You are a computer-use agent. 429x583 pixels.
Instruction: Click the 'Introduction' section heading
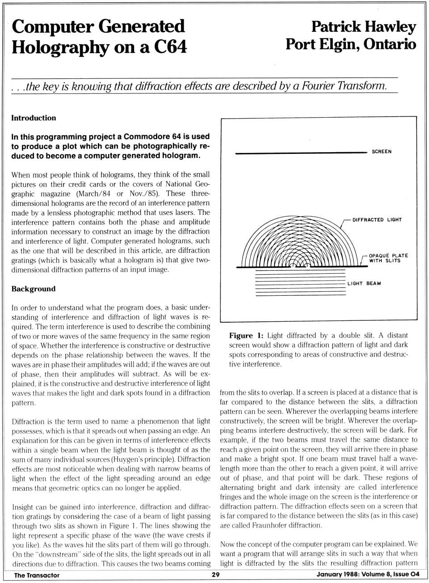(34, 118)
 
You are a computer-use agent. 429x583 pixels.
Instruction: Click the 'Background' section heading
(34, 289)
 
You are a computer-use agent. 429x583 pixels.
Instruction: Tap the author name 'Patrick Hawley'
(363, 26)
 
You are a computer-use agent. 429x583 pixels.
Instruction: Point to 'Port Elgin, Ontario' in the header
(351, 44)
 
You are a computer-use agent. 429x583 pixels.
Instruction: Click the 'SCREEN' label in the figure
(381, 152)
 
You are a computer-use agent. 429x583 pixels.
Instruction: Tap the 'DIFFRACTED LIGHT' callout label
(377, 220)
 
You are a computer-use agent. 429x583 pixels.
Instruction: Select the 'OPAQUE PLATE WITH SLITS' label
(388, 258)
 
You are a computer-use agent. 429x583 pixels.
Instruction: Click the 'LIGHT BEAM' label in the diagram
(364, 283)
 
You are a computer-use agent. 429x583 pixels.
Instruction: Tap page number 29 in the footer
(215, 575)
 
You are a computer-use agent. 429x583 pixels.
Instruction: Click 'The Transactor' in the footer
(37, 575)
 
